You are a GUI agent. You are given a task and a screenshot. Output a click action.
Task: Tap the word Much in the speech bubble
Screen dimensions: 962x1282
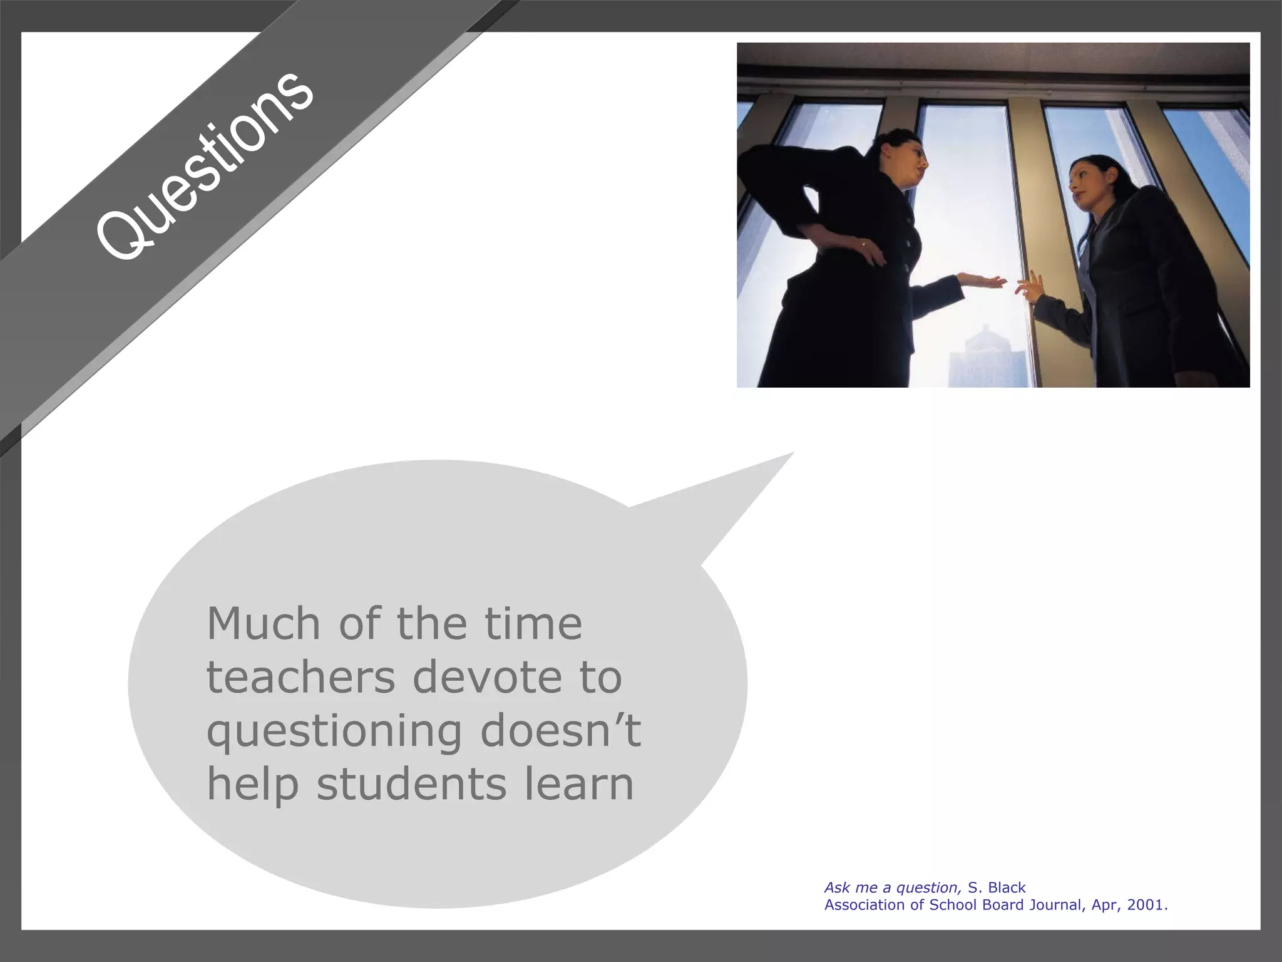(x=264, y=624)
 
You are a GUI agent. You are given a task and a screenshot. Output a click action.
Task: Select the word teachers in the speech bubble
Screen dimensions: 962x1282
(x=300, y=678)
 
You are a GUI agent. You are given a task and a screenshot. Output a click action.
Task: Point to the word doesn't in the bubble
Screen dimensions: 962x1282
(x=560, y=730)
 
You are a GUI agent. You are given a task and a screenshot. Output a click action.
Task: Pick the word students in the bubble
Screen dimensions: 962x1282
(x=411, y=784)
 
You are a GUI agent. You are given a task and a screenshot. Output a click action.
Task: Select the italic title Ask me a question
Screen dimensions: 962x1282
(x=893, y=887)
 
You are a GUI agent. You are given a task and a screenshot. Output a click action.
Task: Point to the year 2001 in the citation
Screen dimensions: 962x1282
(x=1146, y=905)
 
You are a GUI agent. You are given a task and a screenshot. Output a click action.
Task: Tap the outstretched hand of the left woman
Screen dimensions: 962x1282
(x=986, y=281)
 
